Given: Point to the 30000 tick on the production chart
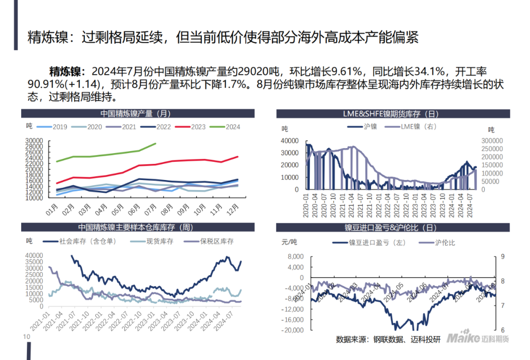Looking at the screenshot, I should pyautogui.click(x=34, y=141).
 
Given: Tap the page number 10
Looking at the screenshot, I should pyautogui.click(x=26, y=337).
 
